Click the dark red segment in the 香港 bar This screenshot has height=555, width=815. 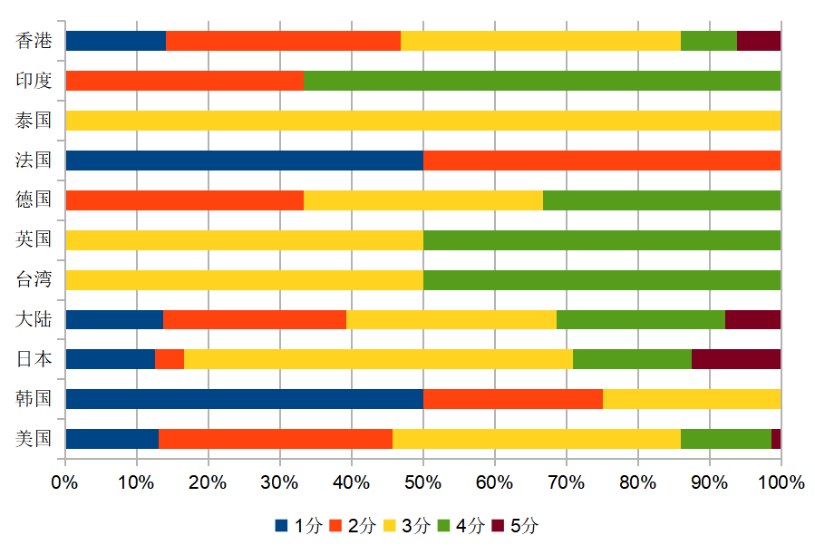pyautogui.click(x=759, y=41)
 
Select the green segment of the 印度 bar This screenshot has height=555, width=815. pyautogui.click(x=542, y=81)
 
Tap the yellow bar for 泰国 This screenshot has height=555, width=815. pyautogui.click(x=422, y=121)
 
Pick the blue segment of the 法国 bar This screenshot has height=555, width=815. pyautogui.click(x=244, y=161)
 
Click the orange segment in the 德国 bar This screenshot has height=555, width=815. pyautogui.click(x=184, y=200)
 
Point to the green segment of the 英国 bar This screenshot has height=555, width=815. pyautogui.click(x=602, y=240)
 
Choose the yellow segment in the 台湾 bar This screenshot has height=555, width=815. pyautogui.click(x=244, y=279)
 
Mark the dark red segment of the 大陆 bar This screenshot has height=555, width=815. pyautogui.click(x=752, y=319)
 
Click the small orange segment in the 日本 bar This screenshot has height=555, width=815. pyautogui.click(x=170, y=359)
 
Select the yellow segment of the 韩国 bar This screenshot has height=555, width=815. pyautogui.click(x=692, y=399)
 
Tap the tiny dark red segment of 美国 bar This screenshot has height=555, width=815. pyautogui.click(x=776, y=439)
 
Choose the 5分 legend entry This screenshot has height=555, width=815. pyautogui.click(x=515, y=526)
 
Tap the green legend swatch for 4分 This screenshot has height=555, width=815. pyautogui.click(x=444, y=526)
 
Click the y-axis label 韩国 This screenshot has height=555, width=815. pyautogui.click(x=34, y=399)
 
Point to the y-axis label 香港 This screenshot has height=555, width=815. pyautogui.click(x=34, y=41)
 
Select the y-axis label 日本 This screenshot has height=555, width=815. pyautogui.click(x=34, y=359)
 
